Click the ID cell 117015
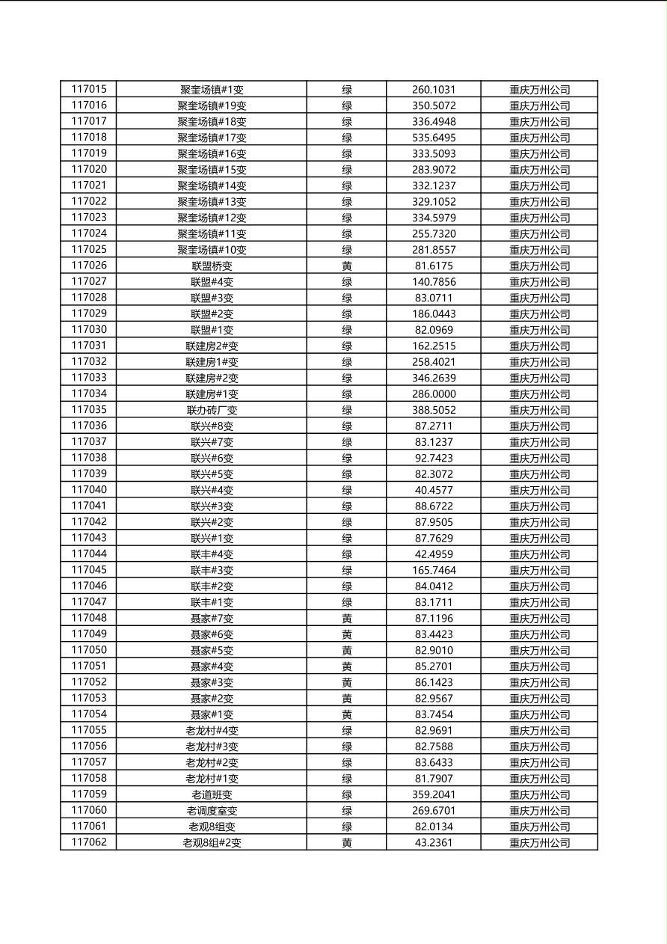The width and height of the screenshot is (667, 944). click(x=89, y=89)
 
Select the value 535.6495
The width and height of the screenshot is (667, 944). click(x=434, y=138)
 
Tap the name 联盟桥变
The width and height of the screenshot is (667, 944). click(x=212, y=266)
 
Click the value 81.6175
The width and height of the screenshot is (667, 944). click(x=434, y=266)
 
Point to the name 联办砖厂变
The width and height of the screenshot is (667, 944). click(x=212, y=410)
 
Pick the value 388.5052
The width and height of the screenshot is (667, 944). click(x=434, y=410)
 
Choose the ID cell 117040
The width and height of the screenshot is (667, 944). click(x=89, y=490)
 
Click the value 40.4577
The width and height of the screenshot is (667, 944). click(x=434, y=490)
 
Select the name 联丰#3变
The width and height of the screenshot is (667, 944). click(x=212, y=570)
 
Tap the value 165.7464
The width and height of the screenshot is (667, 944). click(x=434, y=570)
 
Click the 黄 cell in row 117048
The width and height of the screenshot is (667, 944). click(x=347, y=619)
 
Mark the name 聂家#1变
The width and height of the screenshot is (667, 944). click(x=212, y=714)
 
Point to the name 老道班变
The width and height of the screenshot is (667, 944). click(x=212, y=794)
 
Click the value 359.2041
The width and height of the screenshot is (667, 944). click(x=434, y=794)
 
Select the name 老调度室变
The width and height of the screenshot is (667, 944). click(x=212, y=811)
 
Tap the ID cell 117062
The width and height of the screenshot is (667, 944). click(x=89, y=842)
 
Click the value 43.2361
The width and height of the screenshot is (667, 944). click(x=434, y=842)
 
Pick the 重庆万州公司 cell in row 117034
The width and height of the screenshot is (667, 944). click(x=539, y=394)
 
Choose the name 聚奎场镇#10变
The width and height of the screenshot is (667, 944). click(x=212, y=250)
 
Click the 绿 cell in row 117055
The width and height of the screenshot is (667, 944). click(x=347, y=731)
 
